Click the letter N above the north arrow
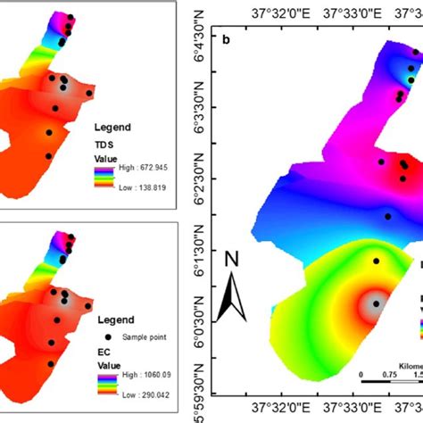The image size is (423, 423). [232, 260]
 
